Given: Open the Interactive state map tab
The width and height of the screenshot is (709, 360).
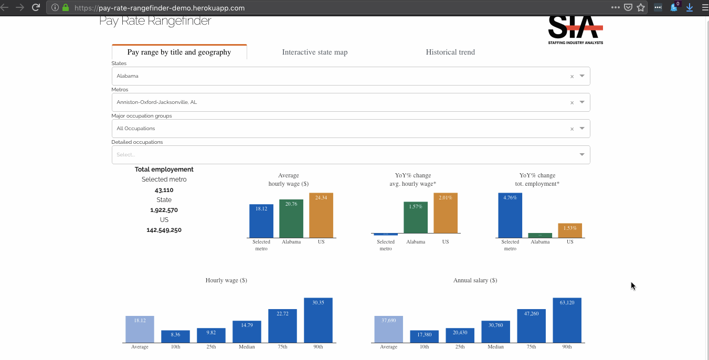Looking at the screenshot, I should coord(315,52).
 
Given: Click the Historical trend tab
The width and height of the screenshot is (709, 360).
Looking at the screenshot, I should coord(450,52).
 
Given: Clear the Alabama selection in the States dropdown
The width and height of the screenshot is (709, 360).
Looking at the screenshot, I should coord(572,77).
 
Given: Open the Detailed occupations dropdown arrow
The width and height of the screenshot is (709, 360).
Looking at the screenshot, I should coord(582,155).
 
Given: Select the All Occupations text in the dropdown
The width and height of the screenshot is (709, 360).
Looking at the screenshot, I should coord(136,129).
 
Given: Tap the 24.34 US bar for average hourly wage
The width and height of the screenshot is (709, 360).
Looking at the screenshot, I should coord(321,215).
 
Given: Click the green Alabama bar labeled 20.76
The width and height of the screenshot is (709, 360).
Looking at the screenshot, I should coord(291,218).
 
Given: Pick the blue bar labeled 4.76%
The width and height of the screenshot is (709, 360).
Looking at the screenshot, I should coord(510,215).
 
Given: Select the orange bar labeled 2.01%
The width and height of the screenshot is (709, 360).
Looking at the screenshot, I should coord(446,213).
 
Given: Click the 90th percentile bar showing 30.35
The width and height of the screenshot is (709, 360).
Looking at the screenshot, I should coord(318,320).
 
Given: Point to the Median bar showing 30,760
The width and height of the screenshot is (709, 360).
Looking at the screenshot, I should coord(495,332).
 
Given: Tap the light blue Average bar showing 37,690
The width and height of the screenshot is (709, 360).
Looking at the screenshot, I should coord(388,329).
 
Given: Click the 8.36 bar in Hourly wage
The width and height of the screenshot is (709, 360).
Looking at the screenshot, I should coord(175,336).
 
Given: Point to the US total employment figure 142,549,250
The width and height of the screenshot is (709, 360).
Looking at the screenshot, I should coord(164,230).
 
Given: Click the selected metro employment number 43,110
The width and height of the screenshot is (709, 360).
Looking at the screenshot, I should coord(164,190).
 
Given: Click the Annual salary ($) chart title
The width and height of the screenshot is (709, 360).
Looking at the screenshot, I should coord(475,280).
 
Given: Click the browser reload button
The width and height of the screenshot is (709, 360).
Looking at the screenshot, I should coord(36,7).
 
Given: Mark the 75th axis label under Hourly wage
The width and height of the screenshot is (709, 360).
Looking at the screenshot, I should coord(282,347).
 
